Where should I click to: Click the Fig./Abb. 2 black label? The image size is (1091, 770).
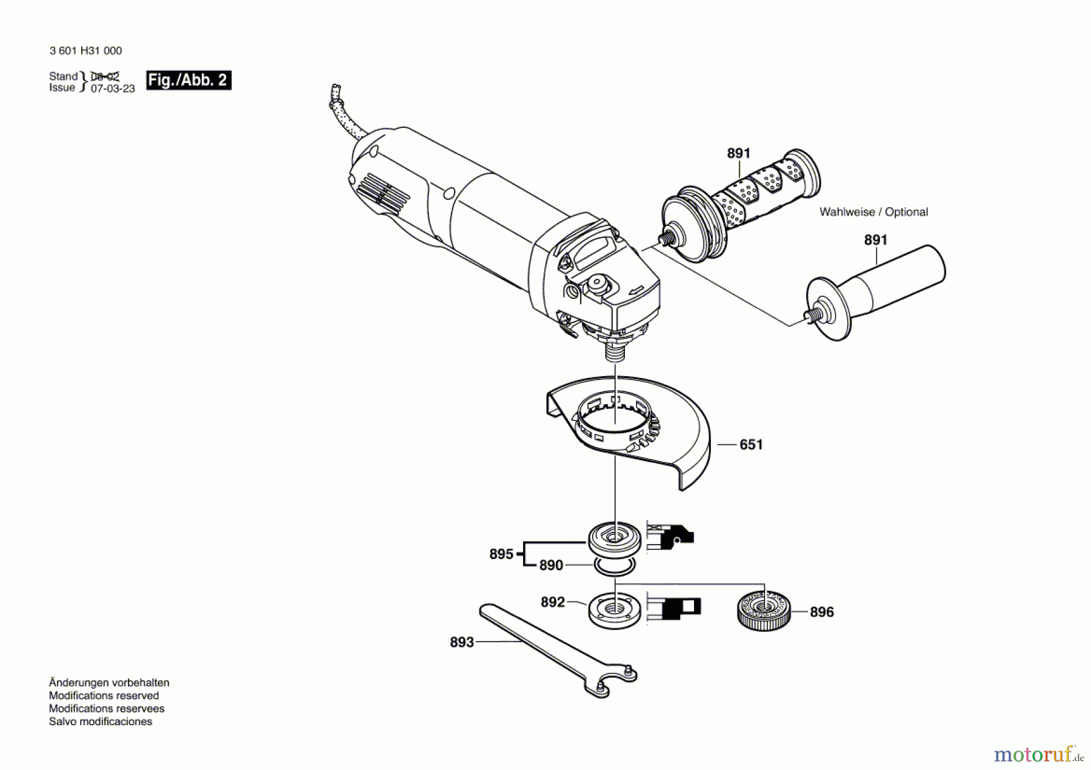(x=189, y=81)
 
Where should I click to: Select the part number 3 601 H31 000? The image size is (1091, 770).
(x=85, y=51)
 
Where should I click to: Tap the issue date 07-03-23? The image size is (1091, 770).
(x=113, y=88)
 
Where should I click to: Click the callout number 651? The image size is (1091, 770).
(x=751, y=445)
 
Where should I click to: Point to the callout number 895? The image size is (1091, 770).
(x=501, y=554)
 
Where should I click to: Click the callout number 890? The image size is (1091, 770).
(x=551, y=565)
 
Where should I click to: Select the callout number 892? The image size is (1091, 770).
(x=552, y=602)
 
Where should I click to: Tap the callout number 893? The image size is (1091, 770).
(x=461, y=642)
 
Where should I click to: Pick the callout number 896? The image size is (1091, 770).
(x=821, y=612)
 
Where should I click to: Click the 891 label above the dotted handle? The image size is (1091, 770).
(x=738, y=154)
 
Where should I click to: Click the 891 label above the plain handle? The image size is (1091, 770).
(x=875, y=241)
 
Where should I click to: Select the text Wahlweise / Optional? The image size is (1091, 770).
(x=873, y=212)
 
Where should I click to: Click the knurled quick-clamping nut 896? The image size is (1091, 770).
(x=765, y=611)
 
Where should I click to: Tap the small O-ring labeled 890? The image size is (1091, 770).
(x=615, y=567)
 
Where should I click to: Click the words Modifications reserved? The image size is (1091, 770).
(x=104, y=695)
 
